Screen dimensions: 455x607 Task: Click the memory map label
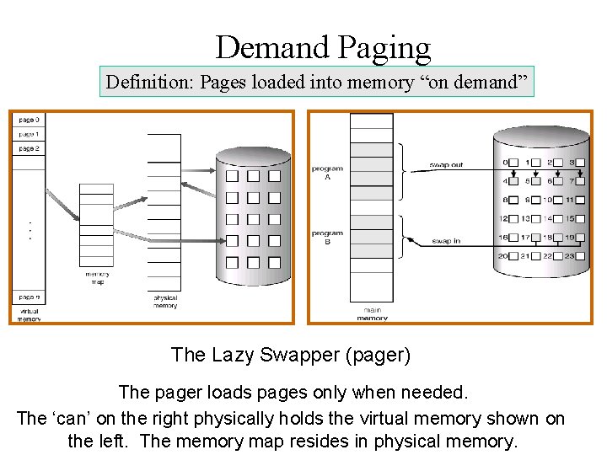[97, 277]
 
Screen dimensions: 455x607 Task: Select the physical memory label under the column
[165, 301]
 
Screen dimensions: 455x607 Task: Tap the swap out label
[446, 165]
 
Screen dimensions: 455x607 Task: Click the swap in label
[446, 242]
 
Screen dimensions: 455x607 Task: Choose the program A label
[328, 173]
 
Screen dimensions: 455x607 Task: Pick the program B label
[328, 238]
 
